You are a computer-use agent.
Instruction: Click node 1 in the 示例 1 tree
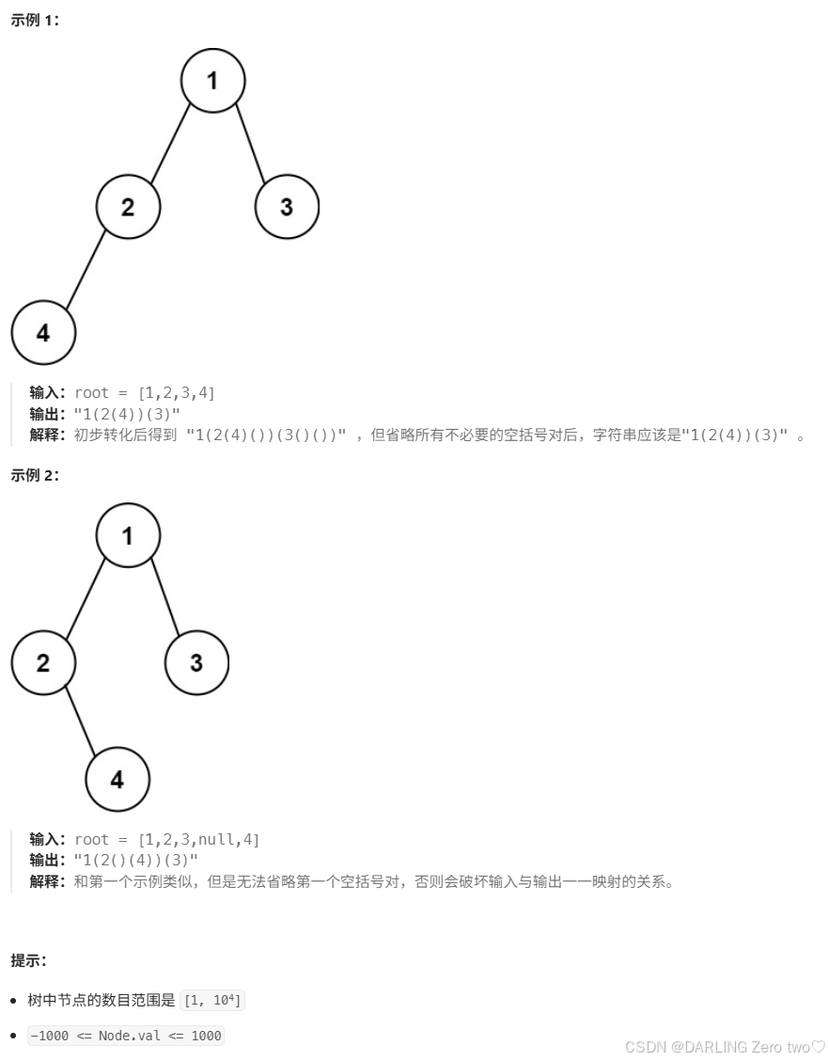pos(212,81)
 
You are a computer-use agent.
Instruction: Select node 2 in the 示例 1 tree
pos(128,206)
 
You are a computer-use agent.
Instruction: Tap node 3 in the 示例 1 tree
pos(287,206)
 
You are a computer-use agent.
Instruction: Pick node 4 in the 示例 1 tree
pos(43,332)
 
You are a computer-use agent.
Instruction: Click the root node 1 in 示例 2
pos(128,535)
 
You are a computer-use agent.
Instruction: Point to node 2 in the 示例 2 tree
pos(43,662)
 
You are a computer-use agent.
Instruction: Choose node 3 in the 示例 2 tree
pos(196,662)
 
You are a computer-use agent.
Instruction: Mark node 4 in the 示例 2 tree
pos(117,779)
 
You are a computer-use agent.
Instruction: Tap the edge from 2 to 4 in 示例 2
pos(80,721)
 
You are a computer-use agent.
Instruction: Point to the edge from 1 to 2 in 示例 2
pos(86,599)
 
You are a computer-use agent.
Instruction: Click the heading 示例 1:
pos(35,21)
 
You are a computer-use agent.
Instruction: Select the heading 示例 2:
pos(35,475)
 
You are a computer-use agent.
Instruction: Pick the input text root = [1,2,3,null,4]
pos(166,839)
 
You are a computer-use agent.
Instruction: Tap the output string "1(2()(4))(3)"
pos(136,861)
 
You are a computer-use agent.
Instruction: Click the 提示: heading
pos(29,960)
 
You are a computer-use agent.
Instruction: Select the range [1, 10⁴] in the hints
pos(212,1001)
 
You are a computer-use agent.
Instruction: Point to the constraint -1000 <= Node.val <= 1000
pos(126,1036)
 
